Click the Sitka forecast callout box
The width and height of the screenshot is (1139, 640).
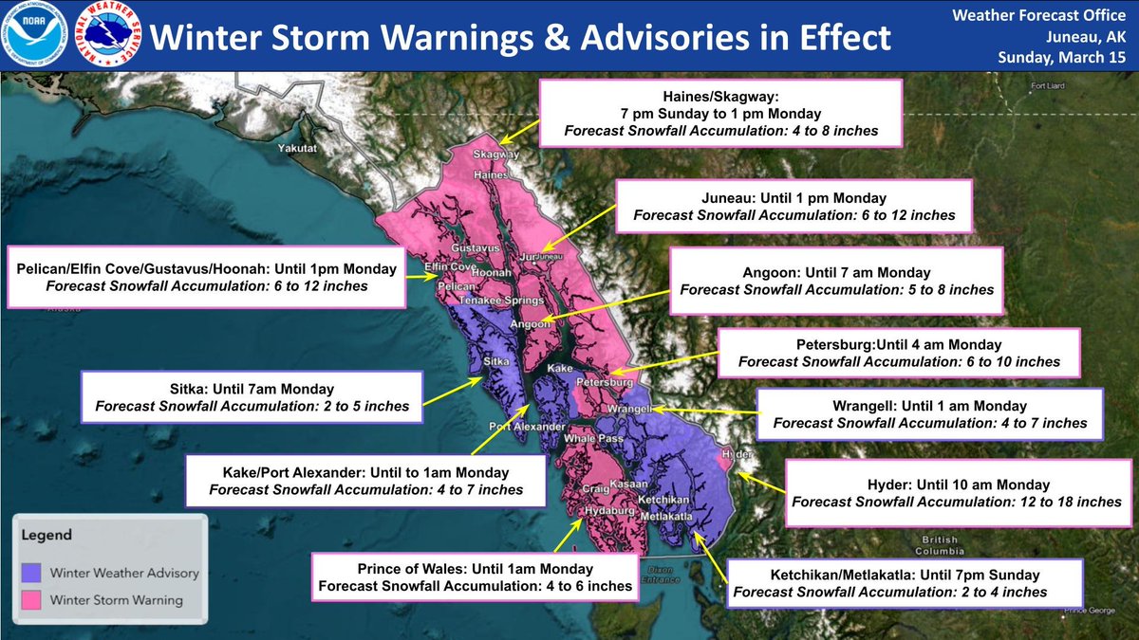tap(252, 397)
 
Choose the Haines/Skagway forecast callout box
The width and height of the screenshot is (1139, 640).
tap(720, 113)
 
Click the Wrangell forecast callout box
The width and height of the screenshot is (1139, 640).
tap(930, 413)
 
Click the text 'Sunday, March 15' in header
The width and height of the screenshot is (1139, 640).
tap(1063, 58)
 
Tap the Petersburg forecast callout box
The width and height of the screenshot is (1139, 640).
tap(898, 353)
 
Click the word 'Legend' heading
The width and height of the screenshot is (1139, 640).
tap(47, 535)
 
